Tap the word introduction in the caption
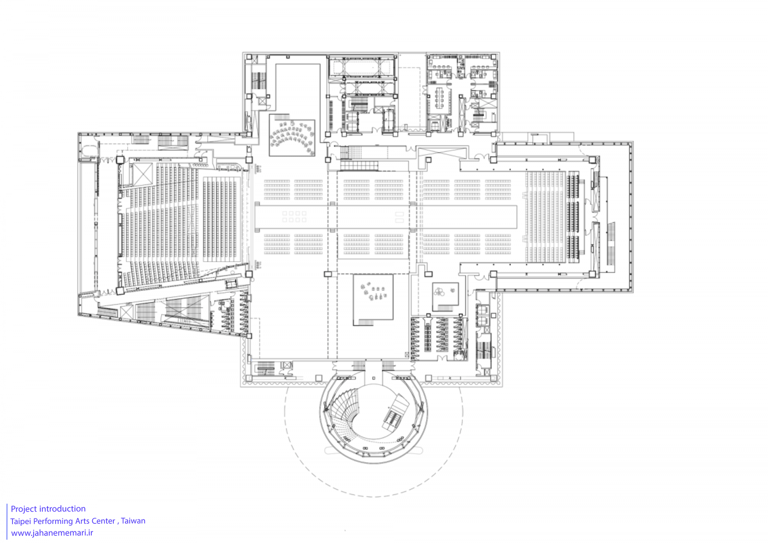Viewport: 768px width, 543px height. (64, 509)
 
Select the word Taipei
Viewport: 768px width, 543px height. (21, 521)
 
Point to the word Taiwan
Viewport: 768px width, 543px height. (133, 521)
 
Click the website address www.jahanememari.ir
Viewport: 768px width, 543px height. (52, 533)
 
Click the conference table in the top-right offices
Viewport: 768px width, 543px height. (440, 97)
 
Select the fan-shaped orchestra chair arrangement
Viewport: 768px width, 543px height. (292, 135)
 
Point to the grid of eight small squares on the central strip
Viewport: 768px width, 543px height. (294, 217)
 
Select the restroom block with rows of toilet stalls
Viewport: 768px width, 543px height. (439, 338)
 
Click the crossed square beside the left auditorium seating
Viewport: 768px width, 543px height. (142, 174)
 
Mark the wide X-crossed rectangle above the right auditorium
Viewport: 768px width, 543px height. (442, 153)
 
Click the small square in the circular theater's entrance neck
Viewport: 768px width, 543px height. (373, 378)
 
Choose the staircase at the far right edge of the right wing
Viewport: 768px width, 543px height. (611, 243)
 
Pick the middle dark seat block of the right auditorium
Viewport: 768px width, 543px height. (573, 217)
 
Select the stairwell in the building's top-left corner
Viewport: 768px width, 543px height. (259, 81)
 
